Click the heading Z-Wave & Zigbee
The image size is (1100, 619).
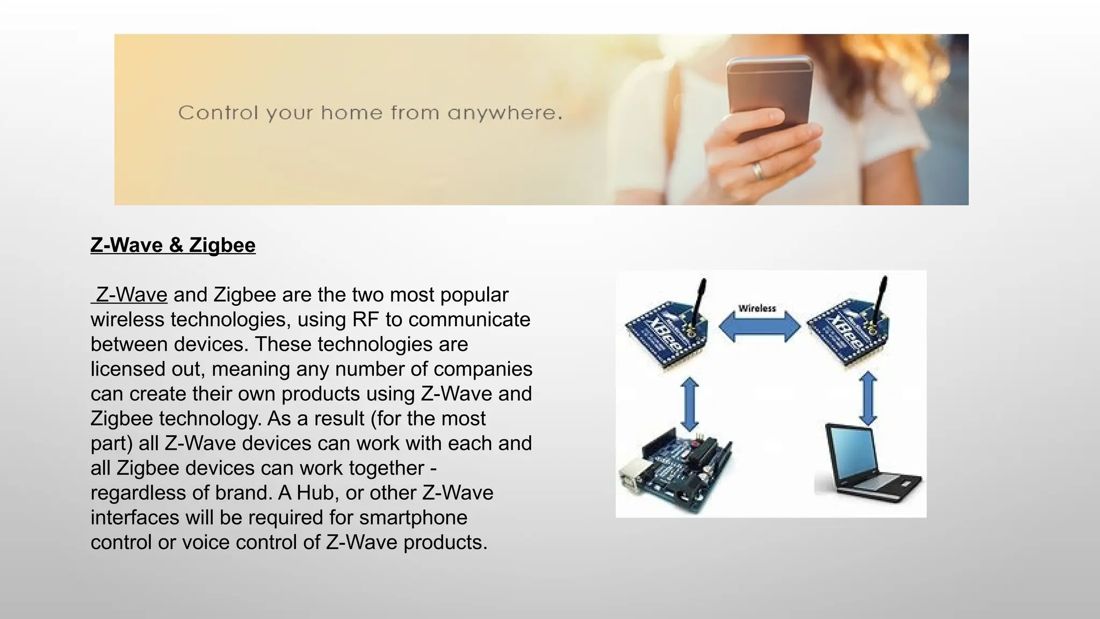[173, 245]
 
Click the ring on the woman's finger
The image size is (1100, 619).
[758, 171]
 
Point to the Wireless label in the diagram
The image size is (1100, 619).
[757, 308]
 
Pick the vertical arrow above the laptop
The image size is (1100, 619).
[868, 399]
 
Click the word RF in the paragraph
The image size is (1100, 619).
[365, 320]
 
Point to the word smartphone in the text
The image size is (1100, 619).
[413, 517]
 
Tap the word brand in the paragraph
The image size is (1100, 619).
[241, 493]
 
